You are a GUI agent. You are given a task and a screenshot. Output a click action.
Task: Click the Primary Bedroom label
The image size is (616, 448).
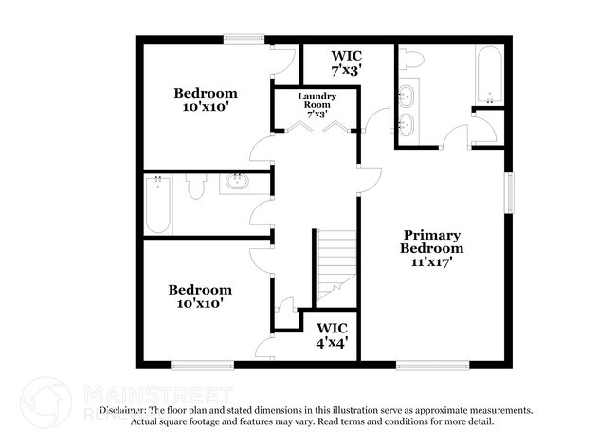tap(432, 248)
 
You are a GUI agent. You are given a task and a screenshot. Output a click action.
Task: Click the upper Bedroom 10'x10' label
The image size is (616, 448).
tap(205, 101)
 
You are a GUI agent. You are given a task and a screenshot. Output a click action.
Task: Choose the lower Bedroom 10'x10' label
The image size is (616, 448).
tap(199, 297)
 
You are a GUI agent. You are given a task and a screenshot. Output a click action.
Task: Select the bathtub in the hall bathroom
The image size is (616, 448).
tap(159, 205)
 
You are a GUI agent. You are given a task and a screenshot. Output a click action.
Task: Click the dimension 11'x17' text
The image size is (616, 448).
tap(432, 263)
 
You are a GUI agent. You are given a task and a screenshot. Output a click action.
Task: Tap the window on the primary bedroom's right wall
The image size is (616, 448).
tap(509, 192)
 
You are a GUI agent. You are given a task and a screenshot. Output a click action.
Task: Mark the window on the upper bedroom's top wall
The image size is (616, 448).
tap(244, 39)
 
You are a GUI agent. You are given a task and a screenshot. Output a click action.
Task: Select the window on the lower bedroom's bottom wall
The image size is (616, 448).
tap(201, 365)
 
